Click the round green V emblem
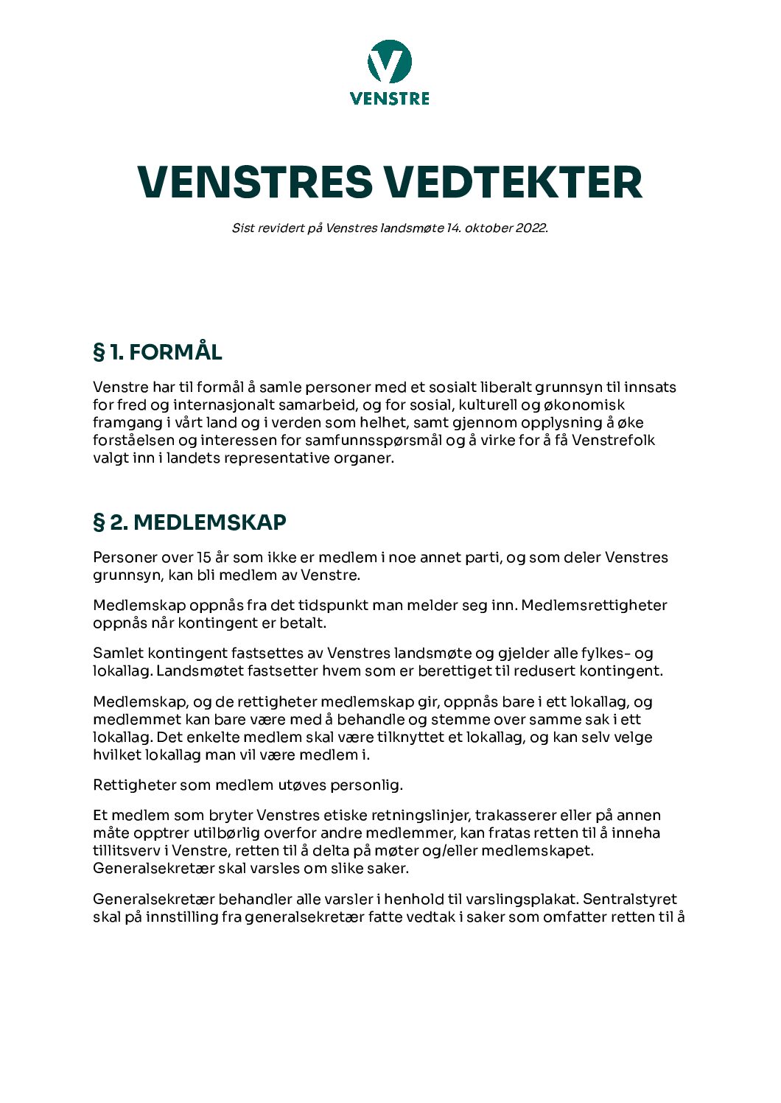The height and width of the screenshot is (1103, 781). (390, 62)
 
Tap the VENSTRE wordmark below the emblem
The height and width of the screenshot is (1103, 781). (390, 98)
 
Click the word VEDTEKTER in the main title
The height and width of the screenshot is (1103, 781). (514, 182)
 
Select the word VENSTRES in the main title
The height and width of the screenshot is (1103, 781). (255, 182)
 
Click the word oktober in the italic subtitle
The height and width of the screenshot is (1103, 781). (488, 228)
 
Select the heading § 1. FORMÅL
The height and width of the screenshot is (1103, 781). (158, 351)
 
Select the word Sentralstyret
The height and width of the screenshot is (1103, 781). (629, 899)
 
